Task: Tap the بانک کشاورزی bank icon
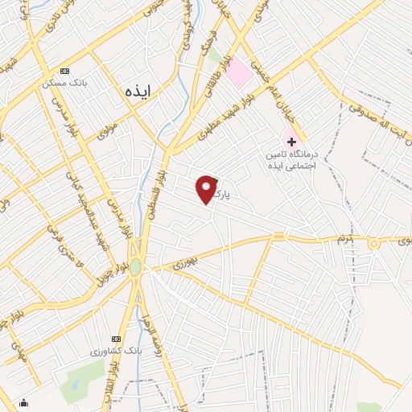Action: [116, 338]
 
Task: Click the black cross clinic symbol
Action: [291, 140]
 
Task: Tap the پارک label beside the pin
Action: [233, 194]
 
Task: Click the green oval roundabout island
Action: [136, 266]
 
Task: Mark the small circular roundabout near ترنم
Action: [373, 243]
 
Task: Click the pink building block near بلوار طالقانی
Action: [238, 74]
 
